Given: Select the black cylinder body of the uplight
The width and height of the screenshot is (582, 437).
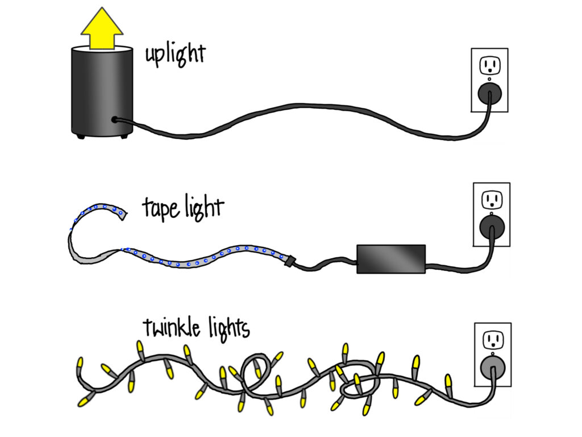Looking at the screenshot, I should pos(102,91).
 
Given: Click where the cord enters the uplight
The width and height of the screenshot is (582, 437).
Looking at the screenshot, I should pos(115,119).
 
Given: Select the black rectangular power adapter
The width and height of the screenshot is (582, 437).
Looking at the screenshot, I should pos(390,259).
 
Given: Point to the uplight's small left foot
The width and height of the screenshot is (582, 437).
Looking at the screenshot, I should pos(80,136).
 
